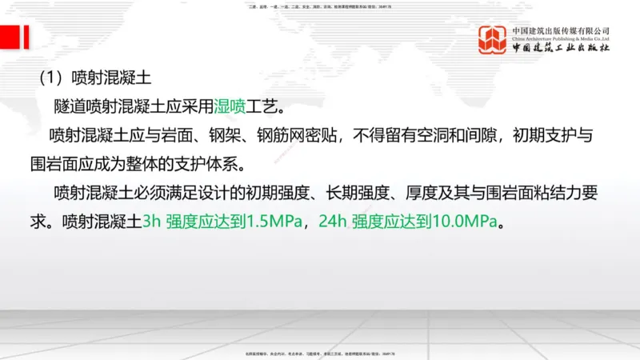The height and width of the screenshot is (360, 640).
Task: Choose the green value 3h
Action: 152,222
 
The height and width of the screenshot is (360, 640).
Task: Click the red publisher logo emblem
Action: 492,39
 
